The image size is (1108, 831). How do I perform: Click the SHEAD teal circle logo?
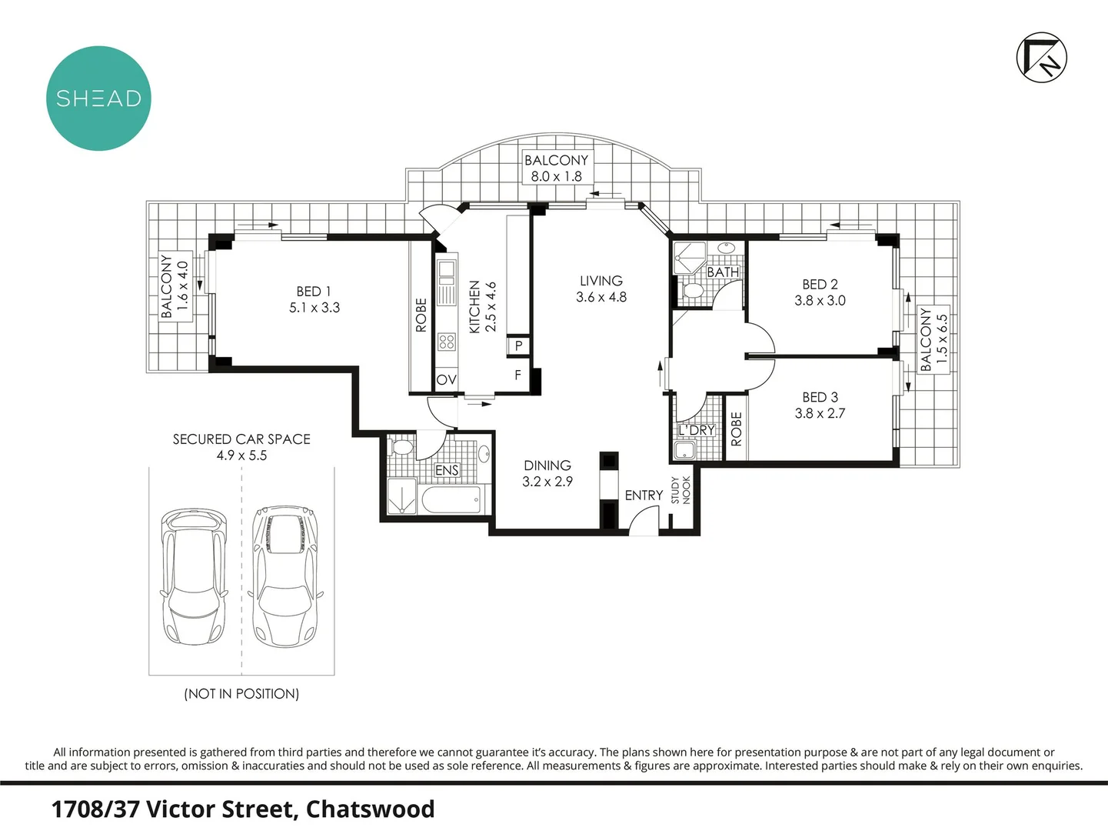[x=98, y=98]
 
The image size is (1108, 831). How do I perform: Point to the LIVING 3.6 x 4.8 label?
[x=601, y=289]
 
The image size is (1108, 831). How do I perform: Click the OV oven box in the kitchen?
[x=446, y=379]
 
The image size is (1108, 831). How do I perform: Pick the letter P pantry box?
[x=518, y=346]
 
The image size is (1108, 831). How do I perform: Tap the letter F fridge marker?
[x=517, y=375]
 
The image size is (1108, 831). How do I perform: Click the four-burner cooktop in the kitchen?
[x=447, y=342]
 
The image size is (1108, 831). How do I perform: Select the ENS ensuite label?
[x=447, y=470]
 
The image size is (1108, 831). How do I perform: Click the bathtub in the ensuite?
[x=451, y=499]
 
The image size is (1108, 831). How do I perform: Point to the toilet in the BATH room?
[x=693, y=291]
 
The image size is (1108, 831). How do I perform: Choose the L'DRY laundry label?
[x=697, y=430]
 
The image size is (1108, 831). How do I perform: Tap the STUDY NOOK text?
[x=680, y=490]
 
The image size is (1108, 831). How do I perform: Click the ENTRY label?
[x=644, y=496]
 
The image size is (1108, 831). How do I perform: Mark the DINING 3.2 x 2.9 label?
[x=547, y=473]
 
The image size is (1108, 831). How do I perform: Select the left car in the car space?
[x=194, y=576]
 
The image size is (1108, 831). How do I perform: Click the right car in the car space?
[x=286, y=576]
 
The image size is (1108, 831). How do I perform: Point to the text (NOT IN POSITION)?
[x=241, y=693]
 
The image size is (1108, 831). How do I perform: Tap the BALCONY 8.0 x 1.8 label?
[x=556, y=169]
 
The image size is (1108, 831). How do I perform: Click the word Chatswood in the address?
[x=370, y=809]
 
